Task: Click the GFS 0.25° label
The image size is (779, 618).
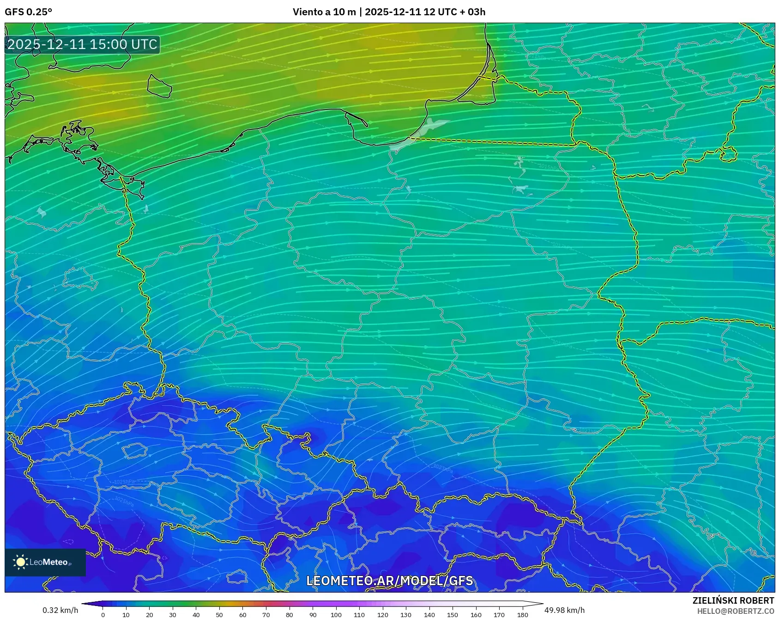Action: pyautogui.click(x=28, y=12)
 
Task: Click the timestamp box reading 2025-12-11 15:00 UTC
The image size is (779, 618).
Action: pyautogui.click(x=82, y=44)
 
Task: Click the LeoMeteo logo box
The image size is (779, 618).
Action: pyautogui.click(x=45, y=562)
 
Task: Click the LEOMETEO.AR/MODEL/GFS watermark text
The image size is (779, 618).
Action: pyautogui.click(x=389, y=581)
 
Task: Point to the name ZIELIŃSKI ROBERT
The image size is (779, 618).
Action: pyautogui.click(x=733, y=600)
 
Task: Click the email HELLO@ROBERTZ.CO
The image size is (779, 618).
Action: pyautogui.click(x=735, y=611)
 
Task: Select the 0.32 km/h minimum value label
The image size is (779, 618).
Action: pyautogui.click(x=60, y=610)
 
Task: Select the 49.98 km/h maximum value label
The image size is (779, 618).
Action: pyautogui.click(x=564, y=610)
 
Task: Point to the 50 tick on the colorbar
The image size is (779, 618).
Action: pyautogui.click(x=219, y=615)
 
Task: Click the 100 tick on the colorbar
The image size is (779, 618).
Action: pyautogui.click(x=336, y=615)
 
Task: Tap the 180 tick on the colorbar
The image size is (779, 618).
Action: pyautogui.click(x=522, y=615)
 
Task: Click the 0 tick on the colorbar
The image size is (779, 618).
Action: pyautogui.click(x=103, y=615)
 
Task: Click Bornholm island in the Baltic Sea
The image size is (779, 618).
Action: pyautogui.click(x=159, y=86)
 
